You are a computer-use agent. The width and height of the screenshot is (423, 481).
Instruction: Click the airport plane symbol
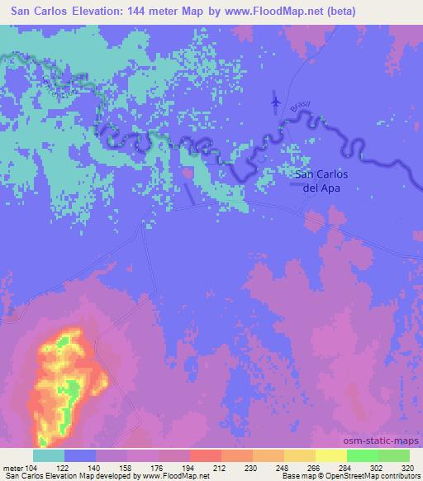click(x=275, y=101)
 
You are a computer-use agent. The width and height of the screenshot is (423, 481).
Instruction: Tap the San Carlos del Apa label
click(x=321, y=181)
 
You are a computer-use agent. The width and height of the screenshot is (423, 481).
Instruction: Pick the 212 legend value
click(x=221, y=467)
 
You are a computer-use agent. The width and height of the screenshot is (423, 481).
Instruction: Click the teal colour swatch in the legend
click(x=49, y=455)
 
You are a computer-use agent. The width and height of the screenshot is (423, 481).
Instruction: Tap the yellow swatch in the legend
click(x=331, y=455)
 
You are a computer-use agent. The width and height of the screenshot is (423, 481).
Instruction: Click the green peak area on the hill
click(x=73, y=388)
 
